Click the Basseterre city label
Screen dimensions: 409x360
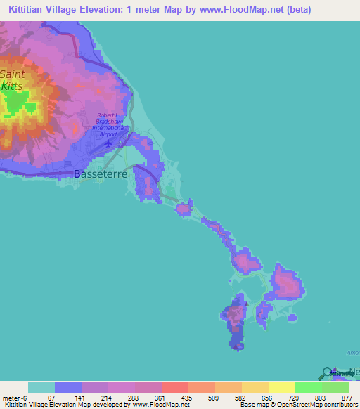click(100, 174)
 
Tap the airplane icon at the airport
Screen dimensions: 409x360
click(108, 143)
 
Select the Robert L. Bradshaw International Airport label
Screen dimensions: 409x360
click(110, 124)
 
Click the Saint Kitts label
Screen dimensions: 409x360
click(12, 80)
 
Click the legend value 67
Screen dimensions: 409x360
click(51, 398)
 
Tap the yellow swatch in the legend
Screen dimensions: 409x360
click(281, 387)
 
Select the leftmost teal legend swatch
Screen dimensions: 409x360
click(41, 387)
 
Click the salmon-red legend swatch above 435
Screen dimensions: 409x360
click(174, 387)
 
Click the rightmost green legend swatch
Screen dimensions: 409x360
click(335, 387)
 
